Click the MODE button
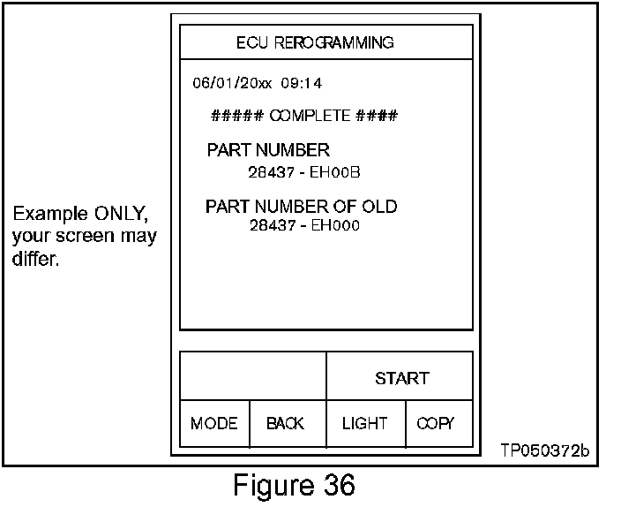coord(213,424)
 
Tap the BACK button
coord(285,424)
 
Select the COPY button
coord(436,424)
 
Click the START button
coord(401,379)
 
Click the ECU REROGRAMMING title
coord(315,42)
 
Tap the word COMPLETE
coord(309,116)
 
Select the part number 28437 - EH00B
coord(304,172)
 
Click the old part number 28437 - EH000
coord(304,225)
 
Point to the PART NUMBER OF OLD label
coord(301,207)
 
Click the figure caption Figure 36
coord(294,485)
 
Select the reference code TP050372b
coord(544,451)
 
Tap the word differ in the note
coord(35,259)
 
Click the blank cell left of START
coord(253,376)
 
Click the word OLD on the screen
coord(378,207)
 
